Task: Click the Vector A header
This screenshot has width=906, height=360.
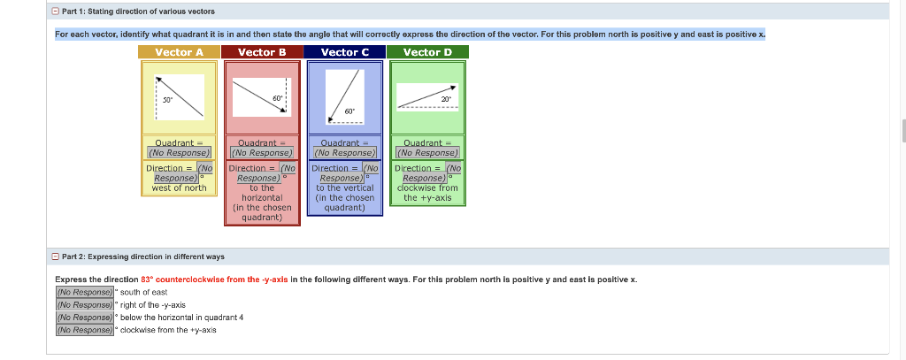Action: [x=179, y=52]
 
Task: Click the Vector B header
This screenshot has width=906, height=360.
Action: [x=262, y=52]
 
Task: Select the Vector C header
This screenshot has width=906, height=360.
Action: [x=345, y=52]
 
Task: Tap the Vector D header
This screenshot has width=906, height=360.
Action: [x=427, y=52]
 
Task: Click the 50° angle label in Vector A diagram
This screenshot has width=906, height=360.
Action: [x=166, y=99]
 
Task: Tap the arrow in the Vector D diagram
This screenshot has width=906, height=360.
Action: [x=427, y=96]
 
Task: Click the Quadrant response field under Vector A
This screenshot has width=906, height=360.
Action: [x=180, y=153]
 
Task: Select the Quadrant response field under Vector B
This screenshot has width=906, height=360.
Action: [x=262, y=153]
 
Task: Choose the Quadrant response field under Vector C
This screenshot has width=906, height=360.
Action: [x=345, y=153]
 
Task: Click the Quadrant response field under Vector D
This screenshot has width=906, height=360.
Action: [x=427, y=153]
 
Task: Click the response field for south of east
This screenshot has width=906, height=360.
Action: [x=85, y=292]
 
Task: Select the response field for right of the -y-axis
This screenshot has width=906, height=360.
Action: [x=85, y=304]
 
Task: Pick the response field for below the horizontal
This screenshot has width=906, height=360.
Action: [x=85, y=317]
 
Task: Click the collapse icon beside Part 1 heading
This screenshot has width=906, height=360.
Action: [x=55, y=11]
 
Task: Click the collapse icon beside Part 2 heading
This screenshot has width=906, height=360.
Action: [x=55, y=257]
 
